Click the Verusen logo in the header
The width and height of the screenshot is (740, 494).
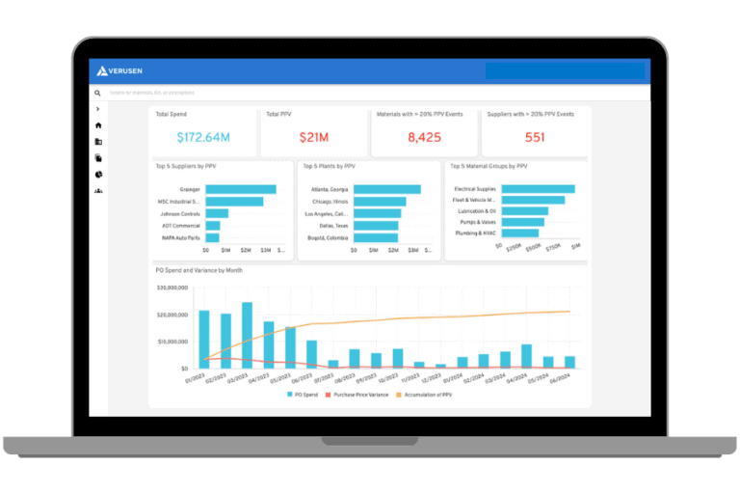coord(120,70)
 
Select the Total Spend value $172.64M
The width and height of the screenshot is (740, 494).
coord(203,137)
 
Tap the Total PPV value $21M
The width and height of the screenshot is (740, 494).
coord(313,137)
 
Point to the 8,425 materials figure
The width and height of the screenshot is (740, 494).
coord(424,137)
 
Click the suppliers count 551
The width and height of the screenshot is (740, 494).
coord(535,137)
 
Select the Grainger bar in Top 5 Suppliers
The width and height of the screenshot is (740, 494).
coord(240,189)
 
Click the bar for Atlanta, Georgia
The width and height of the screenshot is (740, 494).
coord(387,189)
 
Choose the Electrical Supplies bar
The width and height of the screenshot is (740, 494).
coord(538,189)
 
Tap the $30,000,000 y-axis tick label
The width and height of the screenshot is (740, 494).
coord(172,288)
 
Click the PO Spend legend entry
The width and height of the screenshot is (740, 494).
coord(304,395)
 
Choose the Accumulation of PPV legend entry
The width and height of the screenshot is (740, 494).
coord(423,395)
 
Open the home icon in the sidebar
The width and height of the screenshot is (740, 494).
coord(98,125)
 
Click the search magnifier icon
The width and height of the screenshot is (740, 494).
coord(97,94)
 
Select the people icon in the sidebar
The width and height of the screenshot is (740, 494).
coord(98,191)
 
